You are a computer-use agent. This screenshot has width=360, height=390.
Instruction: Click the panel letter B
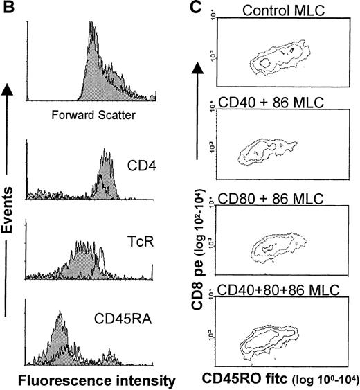click(x=7, y=8)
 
